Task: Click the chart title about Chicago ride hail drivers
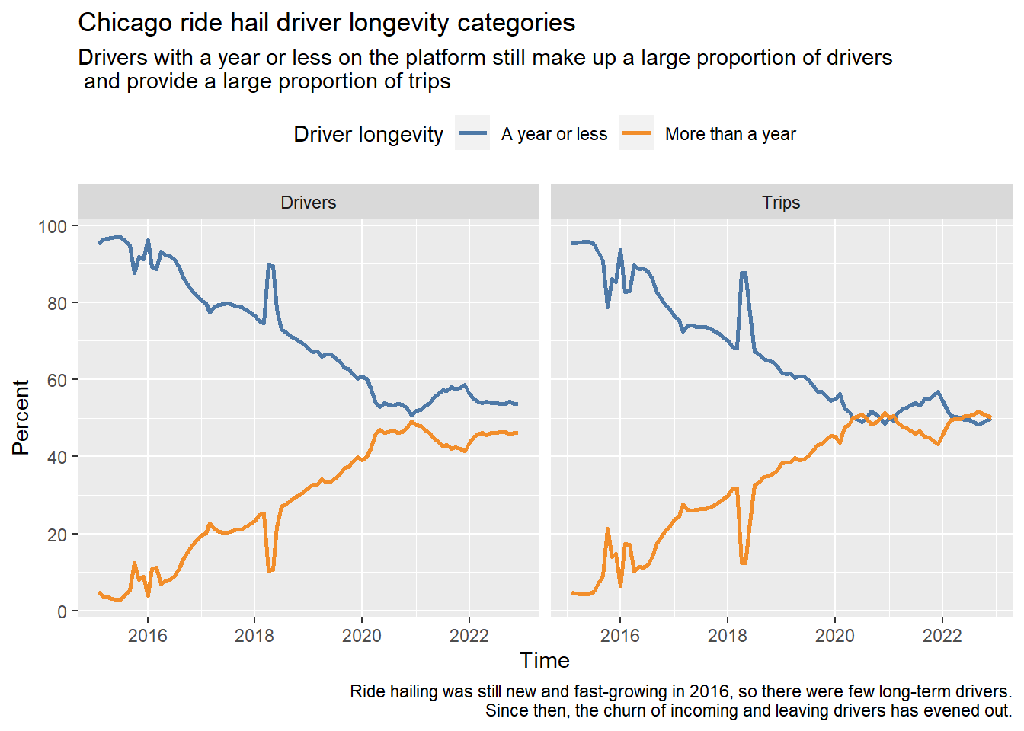point(326,23)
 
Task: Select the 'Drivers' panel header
point(309,203)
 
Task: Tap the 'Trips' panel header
point(781,203)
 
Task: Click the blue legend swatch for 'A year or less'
point(472,133)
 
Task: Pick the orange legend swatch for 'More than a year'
point(636,133)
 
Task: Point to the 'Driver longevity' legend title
point(368,134)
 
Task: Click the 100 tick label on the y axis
point(53,227)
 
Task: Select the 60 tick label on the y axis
point(57,380)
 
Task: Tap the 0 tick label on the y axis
point(62,611)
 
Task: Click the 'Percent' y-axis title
point(21,417)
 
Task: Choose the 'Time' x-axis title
point(545,661)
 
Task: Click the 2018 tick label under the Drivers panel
point(254,636)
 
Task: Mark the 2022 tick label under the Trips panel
point(942,636)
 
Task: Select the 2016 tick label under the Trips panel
point(620,636)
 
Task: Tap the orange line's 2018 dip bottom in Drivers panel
point(270,570)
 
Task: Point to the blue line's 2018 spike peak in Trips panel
point(744,273)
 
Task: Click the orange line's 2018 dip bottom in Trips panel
point(744,563)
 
